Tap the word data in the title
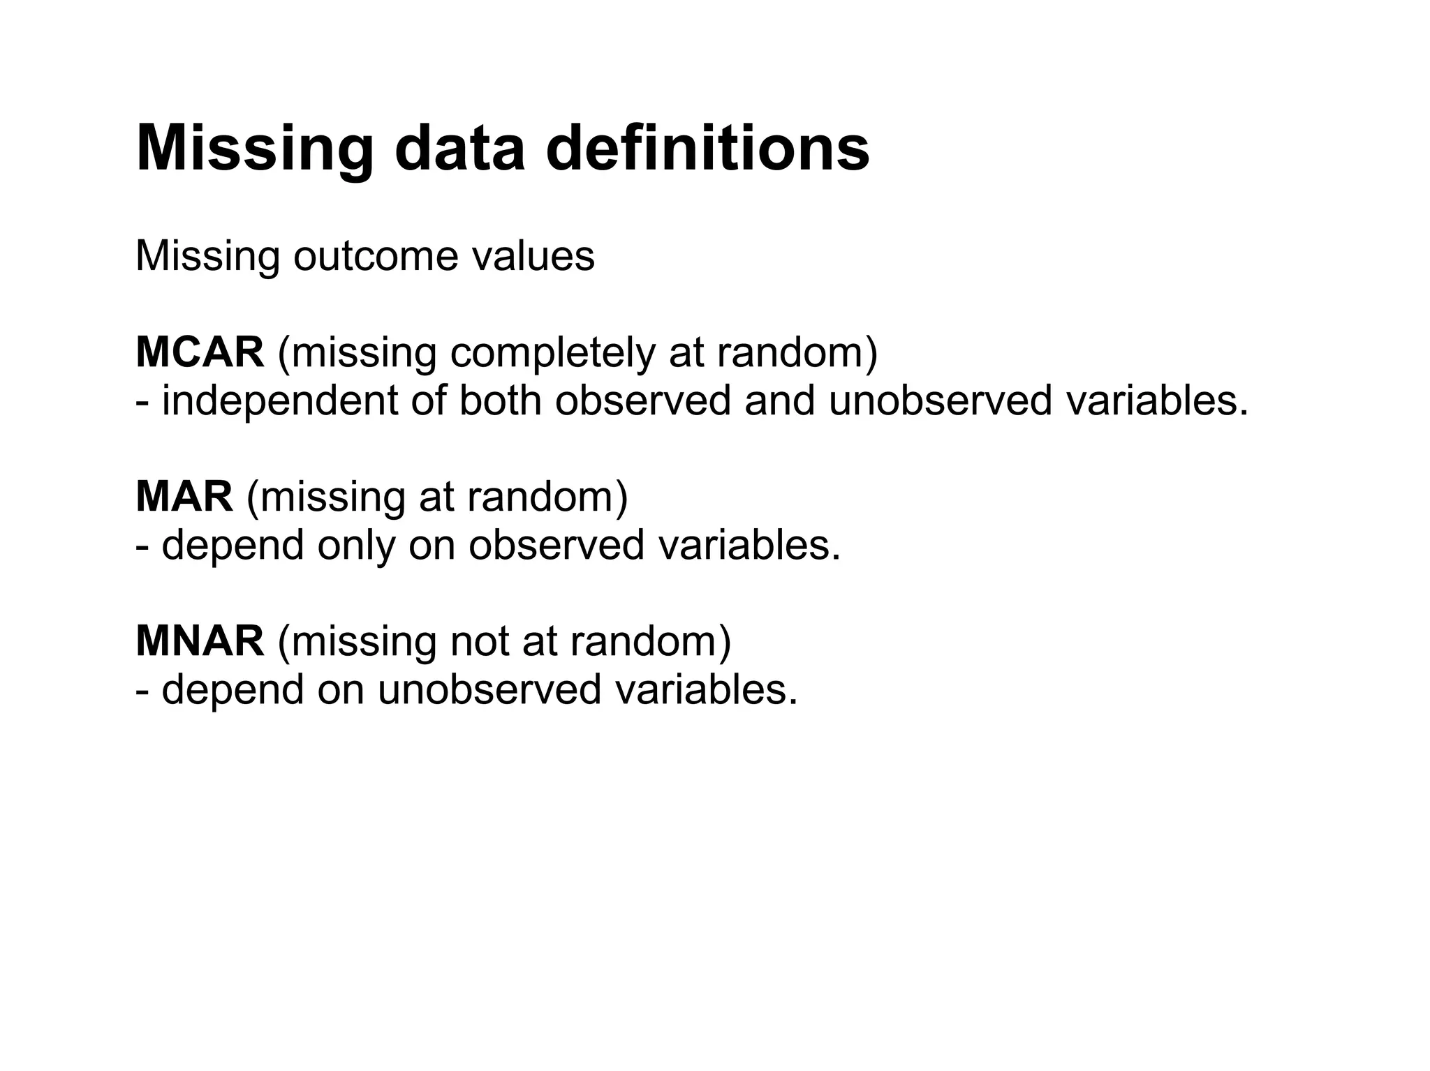[459, 148]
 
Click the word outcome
[376, 256]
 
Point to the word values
[533, 256]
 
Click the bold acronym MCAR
[200, 352]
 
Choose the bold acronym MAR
[184, 497]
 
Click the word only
[357, 546]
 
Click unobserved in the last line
[489, 689]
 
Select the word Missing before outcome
[207, 256]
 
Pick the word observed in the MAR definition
[556, 546]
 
